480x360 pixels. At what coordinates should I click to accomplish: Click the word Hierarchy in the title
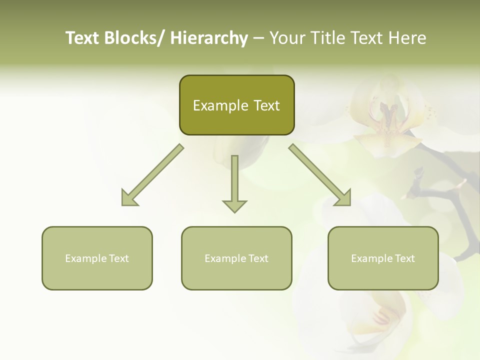pos(208,38)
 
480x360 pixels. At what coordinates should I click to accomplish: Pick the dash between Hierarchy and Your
pos(258,38)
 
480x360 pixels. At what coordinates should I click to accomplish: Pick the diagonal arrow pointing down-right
pos(320,175)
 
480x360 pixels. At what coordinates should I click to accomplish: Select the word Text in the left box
pos(118,258)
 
